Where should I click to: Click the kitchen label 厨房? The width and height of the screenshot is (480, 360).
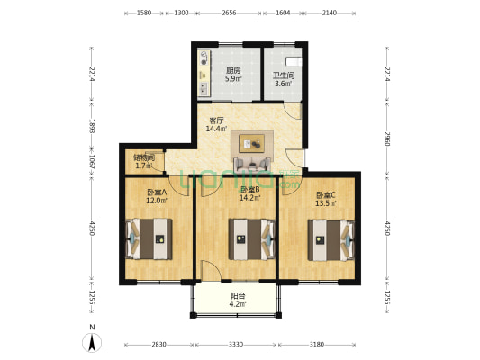233,70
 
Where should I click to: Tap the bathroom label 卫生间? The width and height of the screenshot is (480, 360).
284,76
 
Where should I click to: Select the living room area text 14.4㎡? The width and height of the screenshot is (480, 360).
216,129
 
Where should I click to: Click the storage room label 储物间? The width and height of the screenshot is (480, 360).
143,157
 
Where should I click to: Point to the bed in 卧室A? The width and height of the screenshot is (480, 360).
149,238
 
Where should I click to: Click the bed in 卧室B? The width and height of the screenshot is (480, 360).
252,238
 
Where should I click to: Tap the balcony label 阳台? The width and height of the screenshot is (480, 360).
238,296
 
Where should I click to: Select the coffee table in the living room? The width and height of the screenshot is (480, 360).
252,143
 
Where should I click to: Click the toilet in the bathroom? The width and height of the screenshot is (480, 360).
294,61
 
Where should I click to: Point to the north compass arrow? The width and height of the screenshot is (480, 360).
92,343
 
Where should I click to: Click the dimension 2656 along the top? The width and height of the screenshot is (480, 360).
229,13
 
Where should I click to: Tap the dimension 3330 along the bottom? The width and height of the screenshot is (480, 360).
236,345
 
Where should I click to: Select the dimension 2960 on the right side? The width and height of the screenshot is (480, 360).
387,139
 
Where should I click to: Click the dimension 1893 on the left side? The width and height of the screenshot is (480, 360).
91,126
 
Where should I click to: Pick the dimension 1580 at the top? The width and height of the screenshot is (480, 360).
144,13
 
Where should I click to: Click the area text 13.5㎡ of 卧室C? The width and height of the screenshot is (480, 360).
326,202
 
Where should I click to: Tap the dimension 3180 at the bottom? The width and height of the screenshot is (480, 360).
317,345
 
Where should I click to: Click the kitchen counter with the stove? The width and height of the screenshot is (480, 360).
204,73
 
